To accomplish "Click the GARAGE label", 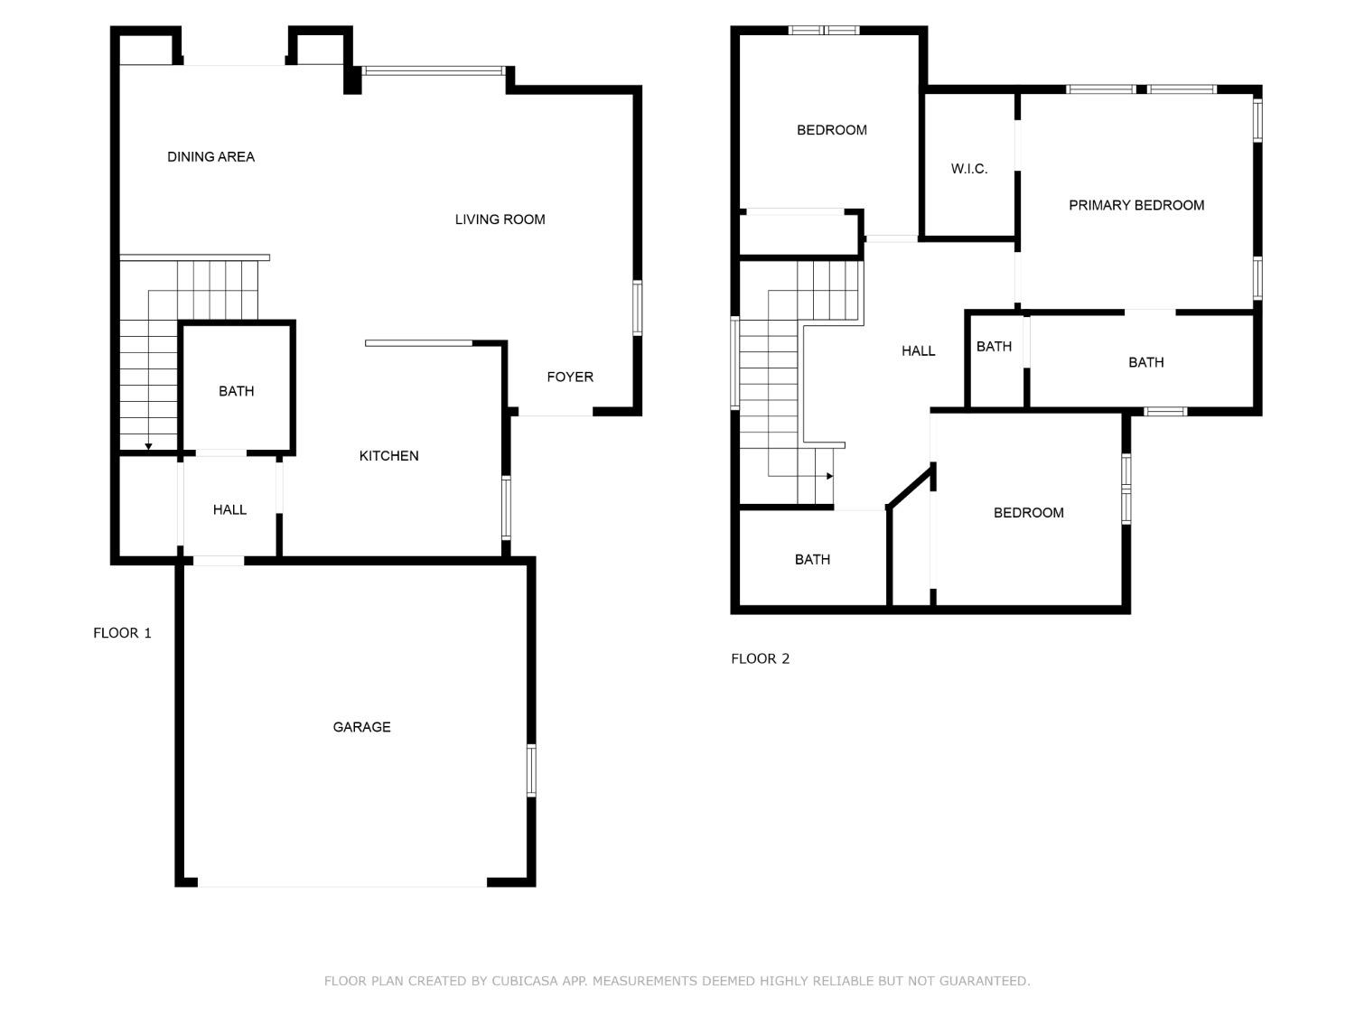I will coord(361,727).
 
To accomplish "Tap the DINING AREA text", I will coord(210,157).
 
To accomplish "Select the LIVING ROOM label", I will coord(500,219).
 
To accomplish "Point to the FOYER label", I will coord(570,378).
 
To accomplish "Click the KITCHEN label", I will coord(388,456).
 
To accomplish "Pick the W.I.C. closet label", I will coord(969,169).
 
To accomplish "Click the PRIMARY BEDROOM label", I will coord(1136,206).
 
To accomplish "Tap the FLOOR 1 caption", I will coord(122,633).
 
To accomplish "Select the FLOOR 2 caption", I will coord(760,659).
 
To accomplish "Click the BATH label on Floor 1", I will coord(236,392).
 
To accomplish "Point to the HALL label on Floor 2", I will coord(918,351).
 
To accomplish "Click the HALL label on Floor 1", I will coord(229,510).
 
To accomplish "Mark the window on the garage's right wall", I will coord(531,770).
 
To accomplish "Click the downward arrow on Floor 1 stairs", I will coord(148,446).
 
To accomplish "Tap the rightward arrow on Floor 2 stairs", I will coord(828,476).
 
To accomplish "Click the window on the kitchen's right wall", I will coord(506,508).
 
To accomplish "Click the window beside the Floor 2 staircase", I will coord(735,363).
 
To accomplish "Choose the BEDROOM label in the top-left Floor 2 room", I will coord(831,131).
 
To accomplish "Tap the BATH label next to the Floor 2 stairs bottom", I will coord(812,560).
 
